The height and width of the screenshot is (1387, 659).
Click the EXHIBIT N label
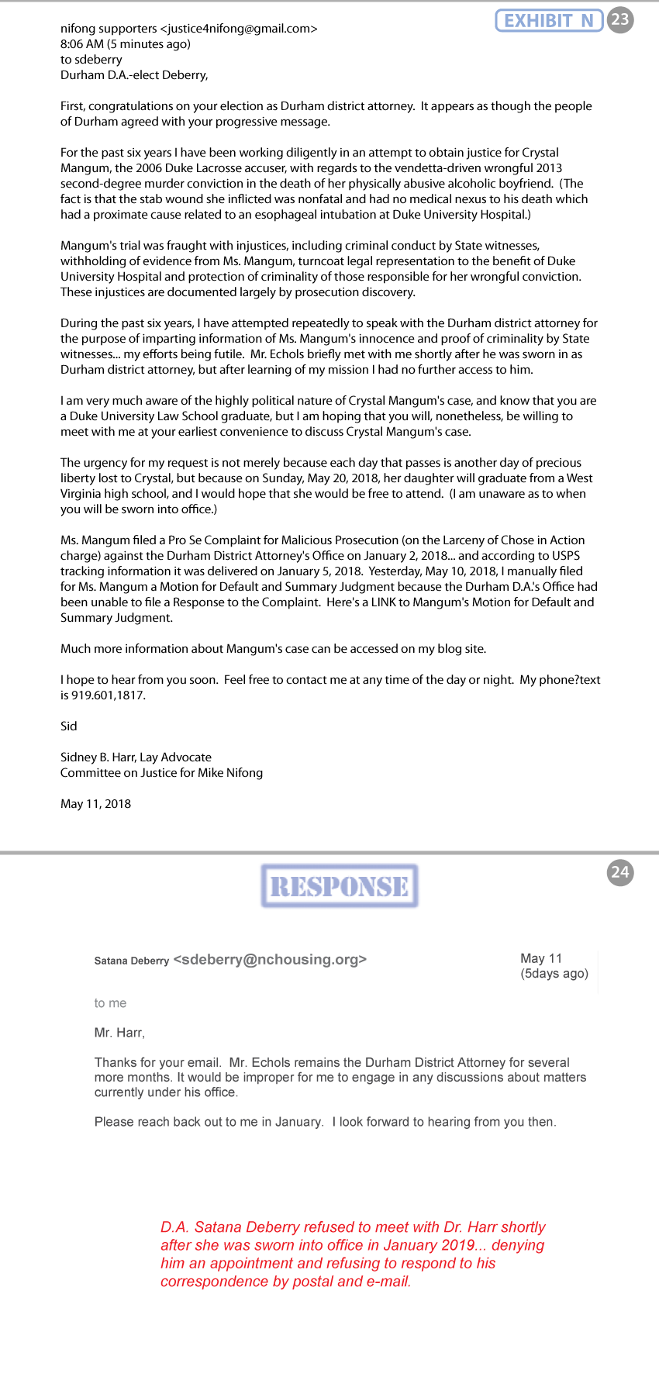[549, 20]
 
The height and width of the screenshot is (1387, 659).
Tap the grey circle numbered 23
[620, 19]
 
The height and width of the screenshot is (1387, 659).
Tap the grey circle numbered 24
[620, 872]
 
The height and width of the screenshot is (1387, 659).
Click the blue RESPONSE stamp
[340, 886]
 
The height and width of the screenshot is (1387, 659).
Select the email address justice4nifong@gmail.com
[239, 29]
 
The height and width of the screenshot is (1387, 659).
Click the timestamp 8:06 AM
[82, 44]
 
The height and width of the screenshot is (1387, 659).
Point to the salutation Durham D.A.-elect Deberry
[134, 75]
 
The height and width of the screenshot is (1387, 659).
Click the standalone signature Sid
[69, 726]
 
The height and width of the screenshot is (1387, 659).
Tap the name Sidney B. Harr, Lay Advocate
[136, 757]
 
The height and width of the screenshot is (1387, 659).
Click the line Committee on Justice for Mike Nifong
[161, 773]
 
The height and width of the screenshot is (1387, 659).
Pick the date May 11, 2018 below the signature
[95, 804]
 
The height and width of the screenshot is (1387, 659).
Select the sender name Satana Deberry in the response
[132, 961]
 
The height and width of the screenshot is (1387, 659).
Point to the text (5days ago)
[554, 974]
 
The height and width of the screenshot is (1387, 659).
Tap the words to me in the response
[110, 1003]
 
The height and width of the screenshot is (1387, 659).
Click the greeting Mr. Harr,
[119, 1033]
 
